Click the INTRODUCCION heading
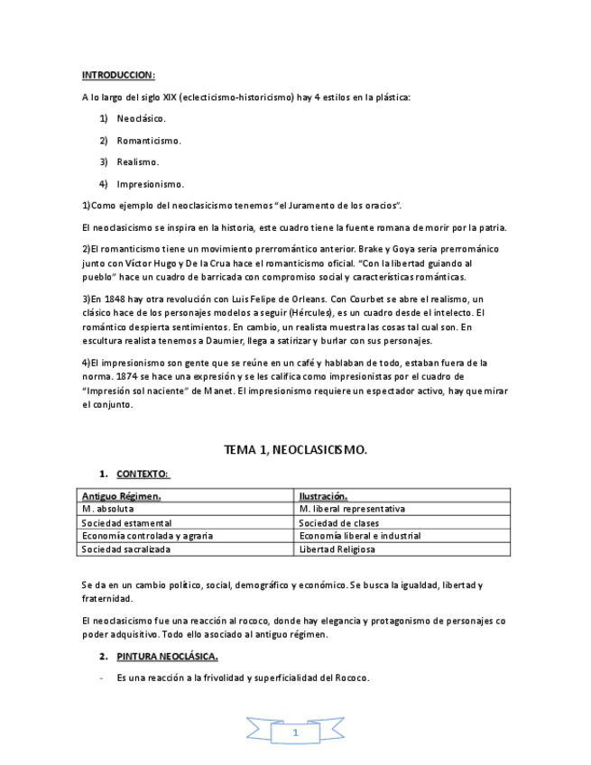[x=118, y=75]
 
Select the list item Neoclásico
[x=141, y=119]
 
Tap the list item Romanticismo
[x=148, y=141]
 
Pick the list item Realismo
[x=137, y=162]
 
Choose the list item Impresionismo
[x=150, y=184]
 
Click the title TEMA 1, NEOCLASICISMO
[x=295, y=448]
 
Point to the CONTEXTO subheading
[x=143, y=474]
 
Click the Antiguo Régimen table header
[x=122, y=496]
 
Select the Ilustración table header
[x=323, y=496]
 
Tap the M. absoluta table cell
[x=107, y=509]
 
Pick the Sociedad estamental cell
[x=126, y=522]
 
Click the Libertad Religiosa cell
[x=337, y=548]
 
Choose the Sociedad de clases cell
[x=338, y=522]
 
